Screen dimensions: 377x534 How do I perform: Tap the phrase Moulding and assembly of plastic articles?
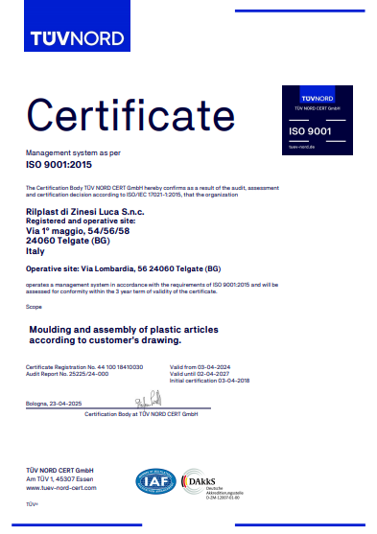point(125,330)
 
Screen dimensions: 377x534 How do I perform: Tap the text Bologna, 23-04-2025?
point(56,405)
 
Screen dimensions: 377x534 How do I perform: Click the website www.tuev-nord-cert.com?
point(61,488)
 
